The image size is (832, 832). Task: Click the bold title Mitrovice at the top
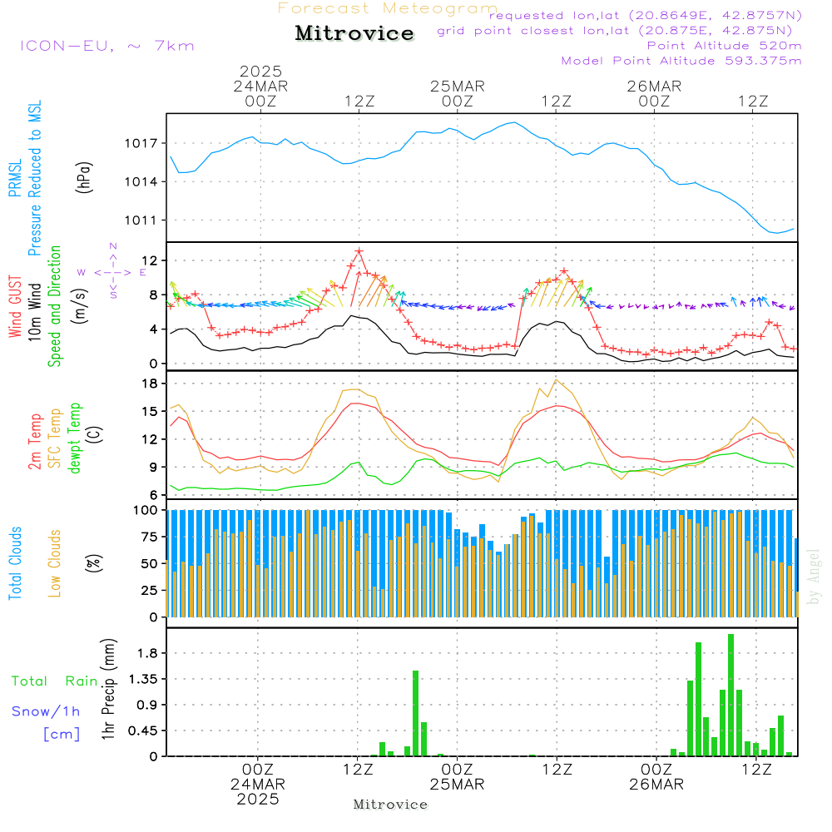click(x=354, y=33)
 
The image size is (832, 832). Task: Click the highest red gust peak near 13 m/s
click(x=359, y=250)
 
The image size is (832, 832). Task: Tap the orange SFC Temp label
click(x=55, y=438)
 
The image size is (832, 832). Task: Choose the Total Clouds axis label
click(x=16, y=563)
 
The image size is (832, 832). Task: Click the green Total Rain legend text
click(x=55, y=681)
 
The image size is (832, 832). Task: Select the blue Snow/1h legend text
click(x=47, y=711)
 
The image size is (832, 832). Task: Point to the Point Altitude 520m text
click(x=724, y=45)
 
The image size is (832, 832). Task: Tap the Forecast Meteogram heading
click(x=388, y=8)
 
